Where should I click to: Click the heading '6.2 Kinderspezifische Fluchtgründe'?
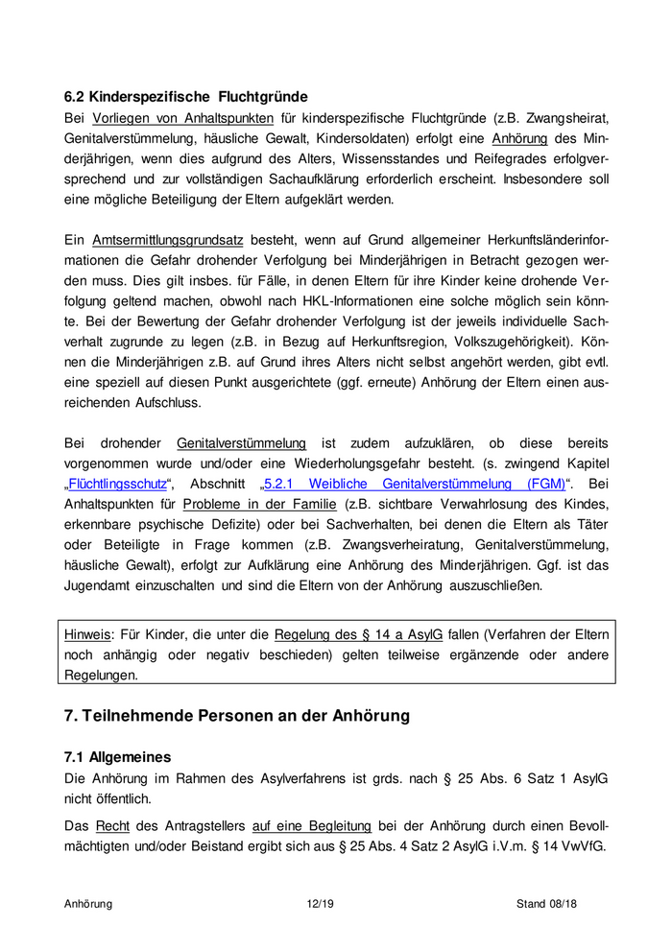(185, 96)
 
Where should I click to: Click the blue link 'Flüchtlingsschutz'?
(117, 483)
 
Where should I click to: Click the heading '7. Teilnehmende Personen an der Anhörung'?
(236, 715)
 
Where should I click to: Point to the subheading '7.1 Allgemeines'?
(117, 757)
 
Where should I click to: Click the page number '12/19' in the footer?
(318, 903)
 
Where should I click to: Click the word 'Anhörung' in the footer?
(88, 903)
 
